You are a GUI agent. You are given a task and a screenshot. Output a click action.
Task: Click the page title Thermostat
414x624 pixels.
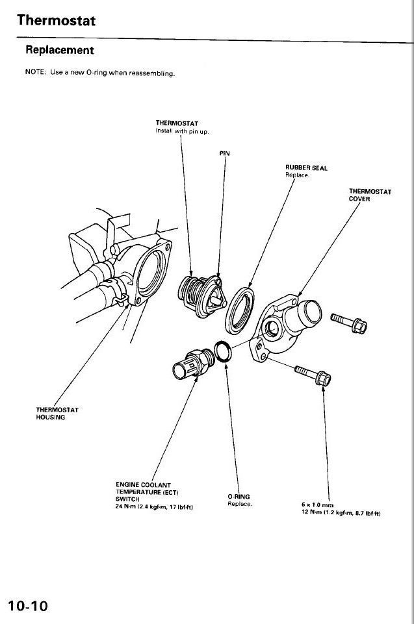(x=57, y=20)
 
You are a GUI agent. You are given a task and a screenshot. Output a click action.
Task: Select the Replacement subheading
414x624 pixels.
(x=59, y=50)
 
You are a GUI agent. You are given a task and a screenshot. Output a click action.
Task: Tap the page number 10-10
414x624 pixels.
(x=28, y=606)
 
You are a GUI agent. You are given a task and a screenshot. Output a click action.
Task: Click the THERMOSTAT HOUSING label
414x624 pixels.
(x=57, y=413)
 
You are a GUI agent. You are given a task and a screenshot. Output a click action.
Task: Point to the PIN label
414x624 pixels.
(x=224, y=153)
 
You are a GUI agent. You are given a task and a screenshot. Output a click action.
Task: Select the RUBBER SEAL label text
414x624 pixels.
(x=306, y=168)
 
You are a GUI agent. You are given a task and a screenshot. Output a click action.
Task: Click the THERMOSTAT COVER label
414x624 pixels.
(x=370, y=195)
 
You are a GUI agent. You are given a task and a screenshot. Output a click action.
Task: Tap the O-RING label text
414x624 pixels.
(x=239, y=497)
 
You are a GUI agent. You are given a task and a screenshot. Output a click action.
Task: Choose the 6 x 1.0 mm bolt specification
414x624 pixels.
(x=317, y=504)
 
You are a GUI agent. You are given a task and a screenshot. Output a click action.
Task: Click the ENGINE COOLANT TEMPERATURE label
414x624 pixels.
(x=143, y=488)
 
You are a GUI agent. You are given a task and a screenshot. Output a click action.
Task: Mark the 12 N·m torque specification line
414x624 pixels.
(x=341, y=513)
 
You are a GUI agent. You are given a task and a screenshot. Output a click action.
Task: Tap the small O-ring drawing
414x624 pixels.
(x=222, y=351)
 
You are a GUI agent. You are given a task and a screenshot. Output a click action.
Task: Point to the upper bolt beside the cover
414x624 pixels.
(x=349, y=321)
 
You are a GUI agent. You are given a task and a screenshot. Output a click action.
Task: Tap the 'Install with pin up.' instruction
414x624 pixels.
(x=182, y=131)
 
